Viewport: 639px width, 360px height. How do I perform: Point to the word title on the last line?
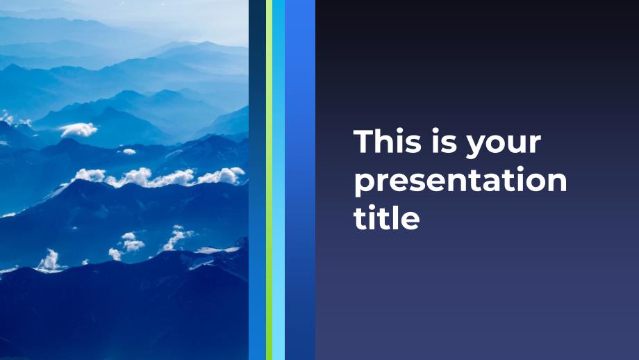[x=386, y=218]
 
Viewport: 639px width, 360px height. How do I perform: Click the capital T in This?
[x=363, y=142]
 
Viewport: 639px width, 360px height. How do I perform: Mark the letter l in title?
[x=393, y=218]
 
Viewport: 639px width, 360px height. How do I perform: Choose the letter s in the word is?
[x=446, y=145]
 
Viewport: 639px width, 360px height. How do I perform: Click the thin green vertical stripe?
[x=269, y=180]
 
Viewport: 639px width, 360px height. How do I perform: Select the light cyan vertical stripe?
[x=279, y=180]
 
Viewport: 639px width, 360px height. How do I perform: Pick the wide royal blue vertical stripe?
[x=300, y=180]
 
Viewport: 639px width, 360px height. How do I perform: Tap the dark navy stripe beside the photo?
[x=257, y=180]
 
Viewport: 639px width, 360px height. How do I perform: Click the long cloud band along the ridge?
[x=159, y=177]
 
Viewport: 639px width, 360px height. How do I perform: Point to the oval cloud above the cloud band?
[x=78, y=130]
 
